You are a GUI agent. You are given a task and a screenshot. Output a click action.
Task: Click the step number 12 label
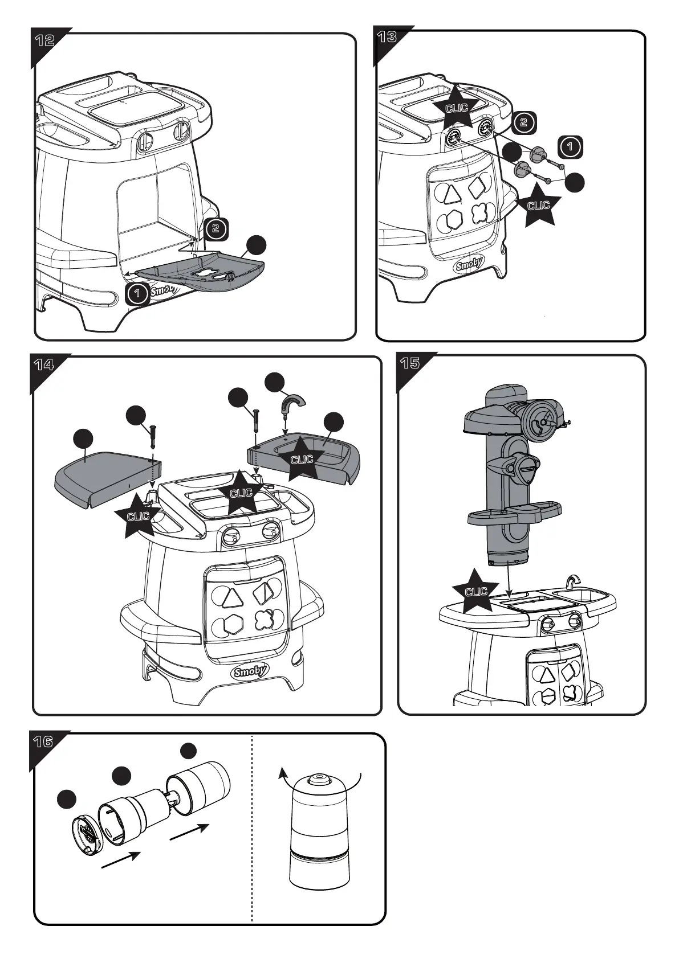[x=44, y=40]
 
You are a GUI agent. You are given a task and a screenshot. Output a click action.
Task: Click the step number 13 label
[x=387, y=38]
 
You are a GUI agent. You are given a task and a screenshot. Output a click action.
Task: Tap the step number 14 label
[x=43, y=364]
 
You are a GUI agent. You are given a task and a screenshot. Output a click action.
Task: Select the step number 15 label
[x=410, y=363]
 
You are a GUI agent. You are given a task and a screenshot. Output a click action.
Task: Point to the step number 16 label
[x=43, y=741]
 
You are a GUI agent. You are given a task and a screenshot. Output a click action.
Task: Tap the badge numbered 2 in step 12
[x=215, y=228]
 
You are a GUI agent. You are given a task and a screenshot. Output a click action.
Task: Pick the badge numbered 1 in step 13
[x=570, y=147]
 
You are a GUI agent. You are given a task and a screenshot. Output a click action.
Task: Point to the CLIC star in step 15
[x=475, y=591]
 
